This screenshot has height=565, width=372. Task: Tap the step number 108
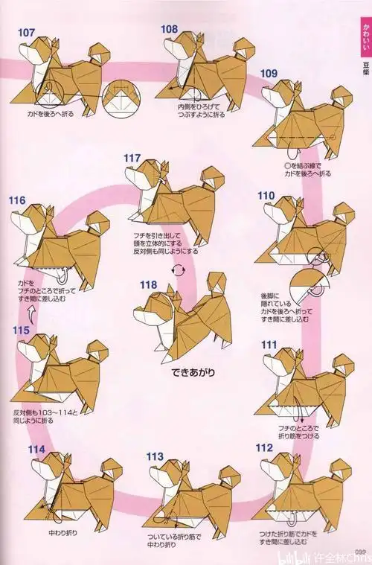170,29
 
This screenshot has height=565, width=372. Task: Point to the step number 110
266,195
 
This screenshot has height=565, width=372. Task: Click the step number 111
269,344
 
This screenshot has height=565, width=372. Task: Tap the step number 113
155,456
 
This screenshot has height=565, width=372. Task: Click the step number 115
21,329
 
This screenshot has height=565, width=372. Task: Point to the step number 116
18,200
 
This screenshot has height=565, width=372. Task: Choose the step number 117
132,158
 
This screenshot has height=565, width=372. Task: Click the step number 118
148,284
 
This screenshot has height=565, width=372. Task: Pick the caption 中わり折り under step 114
62,534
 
